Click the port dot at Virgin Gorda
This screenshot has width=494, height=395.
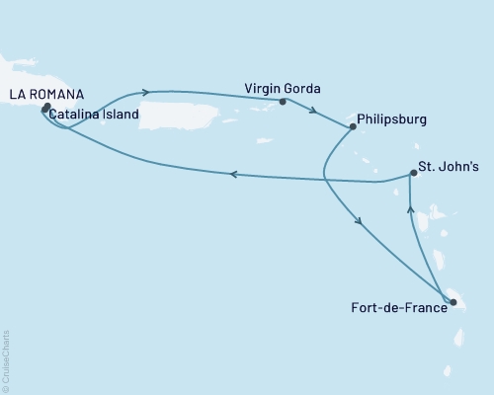pyautogui.click(x=283, y=101)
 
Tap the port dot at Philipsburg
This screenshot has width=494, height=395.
pyautogui.click(x=353, y=125)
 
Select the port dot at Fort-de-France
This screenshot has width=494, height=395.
pyautogui.click(x=453, y=303)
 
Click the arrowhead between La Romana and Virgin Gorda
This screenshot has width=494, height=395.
pyautogui.click(x=146, y=93)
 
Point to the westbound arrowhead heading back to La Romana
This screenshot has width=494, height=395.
pyautogui.click(x=233, y=176)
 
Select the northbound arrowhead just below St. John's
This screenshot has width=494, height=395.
pyautogui.click(x=410, y=208)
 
